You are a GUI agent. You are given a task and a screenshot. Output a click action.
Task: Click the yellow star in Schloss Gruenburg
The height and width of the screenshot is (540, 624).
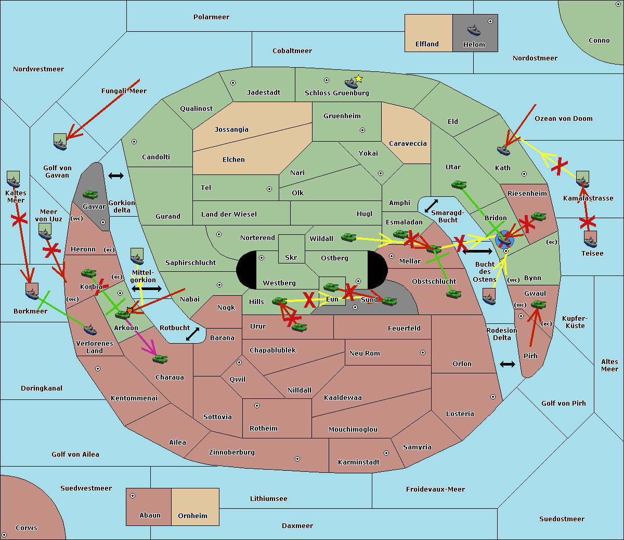coord(358,79)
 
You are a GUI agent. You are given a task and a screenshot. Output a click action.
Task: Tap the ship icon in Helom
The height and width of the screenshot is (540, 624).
coord(474,30)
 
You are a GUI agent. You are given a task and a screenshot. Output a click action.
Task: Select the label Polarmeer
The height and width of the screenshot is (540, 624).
coord(211,17)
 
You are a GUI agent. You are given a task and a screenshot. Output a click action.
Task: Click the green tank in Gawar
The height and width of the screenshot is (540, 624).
coord(90,194)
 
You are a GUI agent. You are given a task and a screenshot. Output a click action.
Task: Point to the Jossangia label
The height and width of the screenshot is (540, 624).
coord(231,130)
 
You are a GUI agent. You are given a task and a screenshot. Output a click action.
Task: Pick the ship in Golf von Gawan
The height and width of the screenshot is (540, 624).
coord(60,142)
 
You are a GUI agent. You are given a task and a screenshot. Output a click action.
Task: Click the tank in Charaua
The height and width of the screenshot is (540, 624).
coord(160,359)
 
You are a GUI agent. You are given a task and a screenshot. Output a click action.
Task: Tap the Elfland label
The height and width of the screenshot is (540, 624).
coord(427,44)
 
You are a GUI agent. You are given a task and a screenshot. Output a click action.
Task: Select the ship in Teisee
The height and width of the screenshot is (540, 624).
coord(590,239)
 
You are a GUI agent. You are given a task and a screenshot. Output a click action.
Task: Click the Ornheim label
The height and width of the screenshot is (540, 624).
coord(192,516)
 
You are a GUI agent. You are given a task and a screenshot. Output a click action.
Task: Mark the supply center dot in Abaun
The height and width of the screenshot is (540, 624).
coord(133,496)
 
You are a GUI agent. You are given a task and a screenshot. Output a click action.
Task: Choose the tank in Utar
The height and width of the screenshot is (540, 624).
coord(459,184)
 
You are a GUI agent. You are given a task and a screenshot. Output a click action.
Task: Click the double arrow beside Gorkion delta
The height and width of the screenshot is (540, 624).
coord(116,176)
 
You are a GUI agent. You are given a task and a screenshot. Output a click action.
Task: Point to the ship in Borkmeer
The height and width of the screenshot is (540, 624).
coord(32,292)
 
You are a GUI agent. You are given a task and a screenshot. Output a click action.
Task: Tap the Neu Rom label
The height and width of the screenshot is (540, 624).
coord(365,354)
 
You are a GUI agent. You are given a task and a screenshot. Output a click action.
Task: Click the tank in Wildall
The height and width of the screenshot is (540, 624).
coord(348,237)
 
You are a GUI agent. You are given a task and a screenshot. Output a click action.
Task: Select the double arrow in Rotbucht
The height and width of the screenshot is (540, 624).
coord(192,334)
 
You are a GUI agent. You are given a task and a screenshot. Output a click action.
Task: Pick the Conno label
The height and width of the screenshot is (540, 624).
coord(599,41)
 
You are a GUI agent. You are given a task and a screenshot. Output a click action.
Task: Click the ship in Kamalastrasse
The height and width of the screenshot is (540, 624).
coord(583,180)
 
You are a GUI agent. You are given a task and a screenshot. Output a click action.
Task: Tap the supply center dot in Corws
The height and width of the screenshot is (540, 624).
coord(4,535)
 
